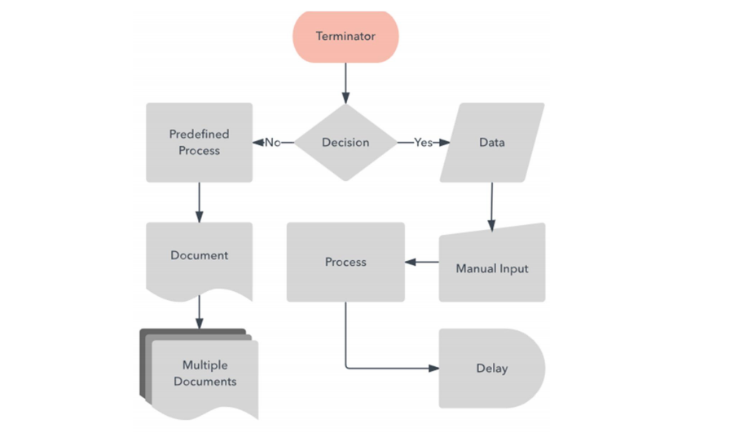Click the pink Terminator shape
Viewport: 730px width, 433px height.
pos(345,37)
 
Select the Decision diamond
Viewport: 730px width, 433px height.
pos(345,143)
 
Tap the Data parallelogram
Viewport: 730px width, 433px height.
pos(492,143)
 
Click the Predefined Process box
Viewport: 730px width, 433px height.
pos(200,143)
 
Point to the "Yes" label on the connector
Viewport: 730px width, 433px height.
pos(423,143)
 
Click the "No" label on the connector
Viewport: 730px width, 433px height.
pos(272,143)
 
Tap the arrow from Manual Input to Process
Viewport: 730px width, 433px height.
pos(422,263)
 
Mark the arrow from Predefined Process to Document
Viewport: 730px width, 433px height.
pos(200,201)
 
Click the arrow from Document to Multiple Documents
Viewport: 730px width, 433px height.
pos(200,311)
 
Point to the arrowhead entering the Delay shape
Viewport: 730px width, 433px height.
pos(433,369)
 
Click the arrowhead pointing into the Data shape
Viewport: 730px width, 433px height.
pos(444,143)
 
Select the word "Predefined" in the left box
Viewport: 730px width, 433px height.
pos(200,135)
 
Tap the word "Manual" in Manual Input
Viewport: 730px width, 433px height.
pos(475,269)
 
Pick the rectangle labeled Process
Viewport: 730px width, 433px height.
pos(345,263)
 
